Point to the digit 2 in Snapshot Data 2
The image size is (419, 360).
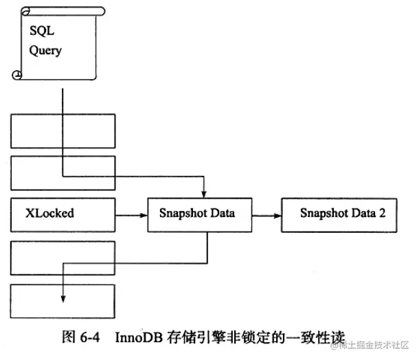click(x=382, y=214)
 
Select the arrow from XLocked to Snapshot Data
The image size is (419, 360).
click(x=132, y=214)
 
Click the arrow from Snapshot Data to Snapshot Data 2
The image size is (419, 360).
click(x=267, y=214)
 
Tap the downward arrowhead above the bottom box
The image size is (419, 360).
click(x=63, y=297)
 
